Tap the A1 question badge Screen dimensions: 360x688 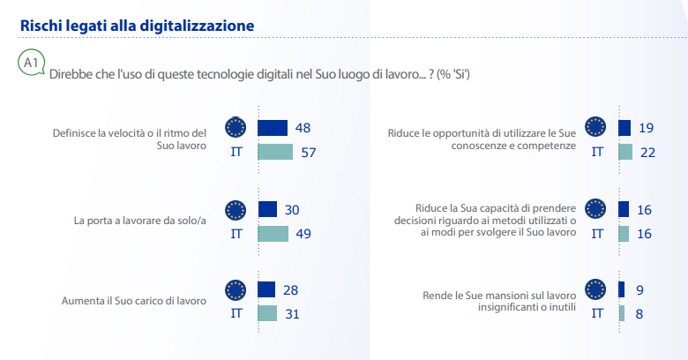(31, 64)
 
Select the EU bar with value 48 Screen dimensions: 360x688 (273, 128)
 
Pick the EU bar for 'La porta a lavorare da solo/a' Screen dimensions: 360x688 (267, 209)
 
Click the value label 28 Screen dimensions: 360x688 (290, 290)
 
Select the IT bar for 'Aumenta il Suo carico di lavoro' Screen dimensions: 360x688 (267, 313)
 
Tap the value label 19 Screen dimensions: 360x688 (646, 128)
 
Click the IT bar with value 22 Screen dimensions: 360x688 (626, 152)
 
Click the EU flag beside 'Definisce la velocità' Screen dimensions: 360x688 (236, 128)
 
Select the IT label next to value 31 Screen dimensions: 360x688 (236, 313)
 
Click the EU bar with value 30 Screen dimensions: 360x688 (267, 209)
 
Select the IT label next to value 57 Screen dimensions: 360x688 (236, 152)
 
